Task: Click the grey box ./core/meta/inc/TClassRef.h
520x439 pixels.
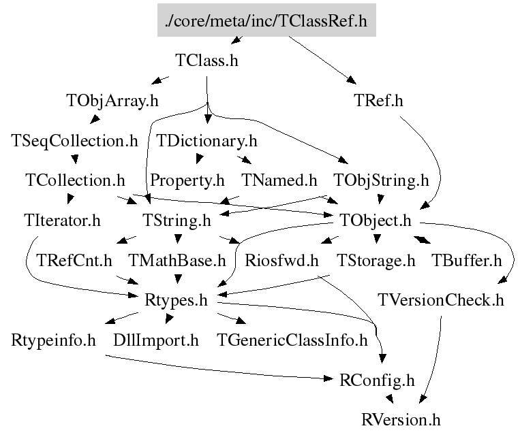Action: (266, 21)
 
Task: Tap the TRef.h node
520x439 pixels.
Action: (379, 101)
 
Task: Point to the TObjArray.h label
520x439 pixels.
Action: (112, 101)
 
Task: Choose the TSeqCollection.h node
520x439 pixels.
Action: (75, 141)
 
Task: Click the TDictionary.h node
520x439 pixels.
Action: (207, 141)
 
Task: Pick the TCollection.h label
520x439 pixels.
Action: (75, 180)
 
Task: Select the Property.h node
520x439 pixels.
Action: (187, 180)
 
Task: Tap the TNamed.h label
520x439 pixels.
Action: (280, 180)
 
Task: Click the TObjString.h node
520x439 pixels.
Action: (381, 180)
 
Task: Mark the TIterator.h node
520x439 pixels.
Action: (61, 221)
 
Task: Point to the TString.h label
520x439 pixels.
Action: (177, 221)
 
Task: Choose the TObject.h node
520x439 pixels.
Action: (376, 221)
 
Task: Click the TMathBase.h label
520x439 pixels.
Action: (177, 260)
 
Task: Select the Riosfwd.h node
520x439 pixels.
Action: (282, 260)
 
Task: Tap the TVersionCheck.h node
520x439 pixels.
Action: (441, 300)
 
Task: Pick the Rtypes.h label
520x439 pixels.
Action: (177, 300)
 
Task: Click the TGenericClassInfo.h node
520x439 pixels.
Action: (292, 340)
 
